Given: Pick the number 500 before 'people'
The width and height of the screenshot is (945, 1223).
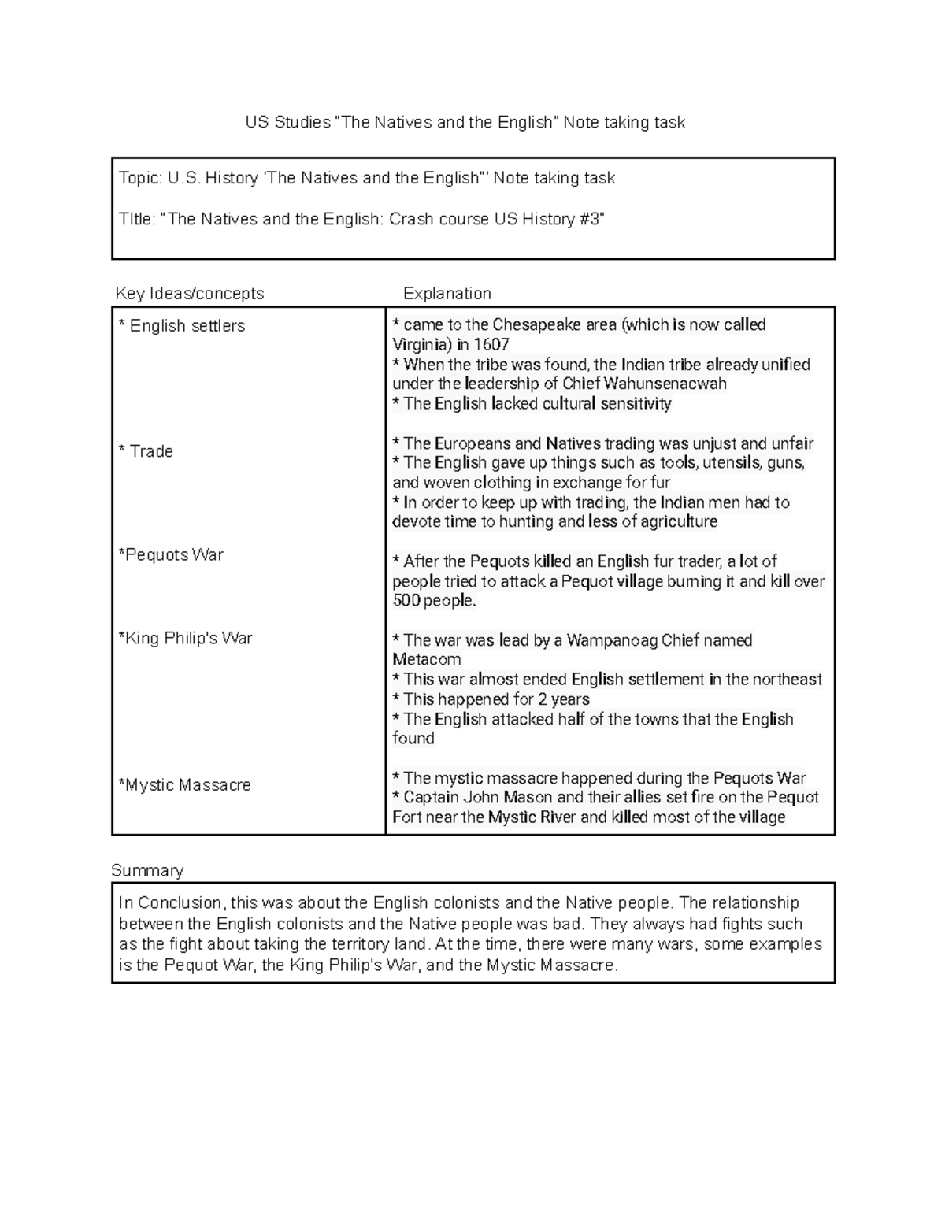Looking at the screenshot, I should click(x=406, y=601).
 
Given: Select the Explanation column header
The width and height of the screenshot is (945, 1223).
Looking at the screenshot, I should click(x=447, y=294).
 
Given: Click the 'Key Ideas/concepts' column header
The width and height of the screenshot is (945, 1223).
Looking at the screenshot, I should click(x=190, y=294).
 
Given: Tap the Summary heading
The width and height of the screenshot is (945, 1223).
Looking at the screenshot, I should click(x=147, y=870).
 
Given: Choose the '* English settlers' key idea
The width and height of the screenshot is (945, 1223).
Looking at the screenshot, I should click(x=182, y=326).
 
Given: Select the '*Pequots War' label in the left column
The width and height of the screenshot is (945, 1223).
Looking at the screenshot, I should click(x=171, y=555).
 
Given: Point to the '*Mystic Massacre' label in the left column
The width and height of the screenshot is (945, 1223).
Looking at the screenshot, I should click(x=184, y=785).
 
